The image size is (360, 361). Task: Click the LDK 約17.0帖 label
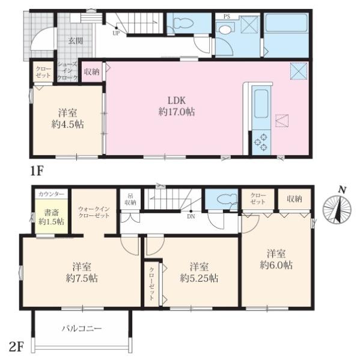click(177, 106)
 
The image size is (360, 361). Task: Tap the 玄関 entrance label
click(76, 41)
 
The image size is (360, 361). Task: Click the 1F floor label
click(37, 171)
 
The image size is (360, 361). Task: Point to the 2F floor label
click(16, 347)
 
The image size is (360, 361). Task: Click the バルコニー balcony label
click(82, 329)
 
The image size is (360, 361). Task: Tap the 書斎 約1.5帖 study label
click(51, 217)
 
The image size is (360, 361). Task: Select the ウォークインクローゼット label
click(94, 212)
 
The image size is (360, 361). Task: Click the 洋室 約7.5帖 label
click(82, 273)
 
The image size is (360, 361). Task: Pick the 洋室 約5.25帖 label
click(199, 273)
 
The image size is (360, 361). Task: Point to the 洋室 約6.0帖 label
click(276, 259)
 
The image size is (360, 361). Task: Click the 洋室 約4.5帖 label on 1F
click(67, 119)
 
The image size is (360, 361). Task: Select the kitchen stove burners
click(261, 142)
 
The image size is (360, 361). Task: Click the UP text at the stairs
click(116, 33)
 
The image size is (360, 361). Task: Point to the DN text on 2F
click(191, 217)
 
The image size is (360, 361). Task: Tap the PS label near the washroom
click(227, 17)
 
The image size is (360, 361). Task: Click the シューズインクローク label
click(68, 72)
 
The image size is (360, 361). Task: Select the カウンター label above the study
click(51, 194)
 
